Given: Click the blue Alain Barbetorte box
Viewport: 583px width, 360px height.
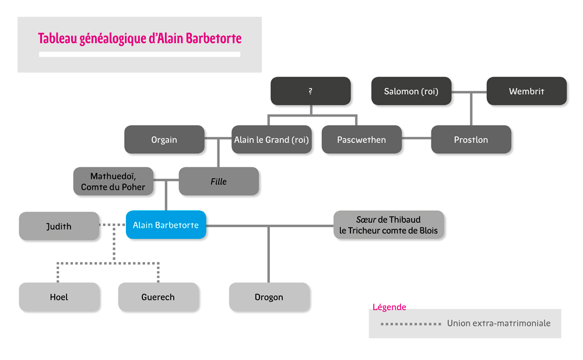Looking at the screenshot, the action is pos(166,225).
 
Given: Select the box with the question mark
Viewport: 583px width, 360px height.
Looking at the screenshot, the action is pos(311,91).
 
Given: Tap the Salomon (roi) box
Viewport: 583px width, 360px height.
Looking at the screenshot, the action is pos(411,91).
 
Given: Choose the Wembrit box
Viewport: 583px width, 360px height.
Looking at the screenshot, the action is pos(526,91).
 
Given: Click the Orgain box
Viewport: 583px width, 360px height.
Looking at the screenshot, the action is pos(164,139).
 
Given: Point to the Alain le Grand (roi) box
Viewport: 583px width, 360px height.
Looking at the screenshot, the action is pos(272,139).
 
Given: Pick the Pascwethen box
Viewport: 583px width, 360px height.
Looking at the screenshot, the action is pos(361,139).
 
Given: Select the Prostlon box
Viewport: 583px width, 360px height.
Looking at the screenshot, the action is pos(471,139).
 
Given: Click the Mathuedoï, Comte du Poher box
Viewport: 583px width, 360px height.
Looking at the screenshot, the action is pos(114,181).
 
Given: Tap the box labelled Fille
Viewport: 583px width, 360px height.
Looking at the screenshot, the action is pos(219,181).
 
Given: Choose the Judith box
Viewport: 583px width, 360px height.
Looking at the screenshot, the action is pos(59,226).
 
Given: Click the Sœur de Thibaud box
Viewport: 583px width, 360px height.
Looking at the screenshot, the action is pos(388,225).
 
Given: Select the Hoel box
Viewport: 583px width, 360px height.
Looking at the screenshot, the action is pos(59,297).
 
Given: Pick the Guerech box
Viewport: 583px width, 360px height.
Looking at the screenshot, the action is pos(158,297).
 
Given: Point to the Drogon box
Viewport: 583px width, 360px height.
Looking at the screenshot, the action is pos(269,297).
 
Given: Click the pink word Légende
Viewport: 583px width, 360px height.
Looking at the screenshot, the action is pos(389,307).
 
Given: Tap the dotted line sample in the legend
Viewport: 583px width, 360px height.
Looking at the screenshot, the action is pos(411,324).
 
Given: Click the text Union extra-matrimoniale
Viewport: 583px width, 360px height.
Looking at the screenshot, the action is pos(498,323).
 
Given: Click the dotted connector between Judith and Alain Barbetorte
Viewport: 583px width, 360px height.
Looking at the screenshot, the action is pos(113,224).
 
